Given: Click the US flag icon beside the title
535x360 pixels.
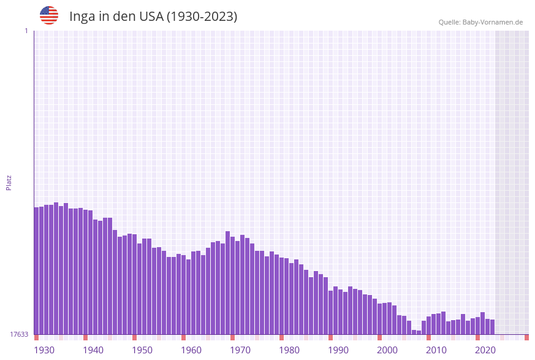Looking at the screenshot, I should pyautogui.click(x=49, y=15).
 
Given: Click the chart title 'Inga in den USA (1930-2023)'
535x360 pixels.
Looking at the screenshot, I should pyautogui.click(x=153, y=17).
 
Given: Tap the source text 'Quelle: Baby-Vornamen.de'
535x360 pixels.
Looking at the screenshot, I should pyautogui.click(x=480, y=22).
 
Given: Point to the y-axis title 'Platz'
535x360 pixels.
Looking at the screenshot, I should pyautogui.click(x=9, y=182).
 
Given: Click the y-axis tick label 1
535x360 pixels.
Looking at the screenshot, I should pyautogui.click(x=26, y=31).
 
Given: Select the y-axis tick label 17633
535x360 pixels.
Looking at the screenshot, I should pyautogui.click(x=19, y=334).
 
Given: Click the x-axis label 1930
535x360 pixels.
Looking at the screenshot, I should pyautogui.click(x=44, y=350).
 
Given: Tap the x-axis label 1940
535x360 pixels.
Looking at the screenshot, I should pyautogui.click(x=93, y=350).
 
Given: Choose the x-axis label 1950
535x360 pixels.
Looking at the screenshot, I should pyautogui.click(x=142, y=350).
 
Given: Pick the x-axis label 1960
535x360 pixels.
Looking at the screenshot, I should pyautogui.click(x=191, y=350).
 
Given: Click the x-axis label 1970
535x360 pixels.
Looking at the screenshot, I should pyautogui.click(x=240, y=350).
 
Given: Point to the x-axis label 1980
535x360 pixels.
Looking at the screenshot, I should pyautogui.click(x=289, y=350).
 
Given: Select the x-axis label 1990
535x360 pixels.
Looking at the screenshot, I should pyautogui.click(x=338, y=350).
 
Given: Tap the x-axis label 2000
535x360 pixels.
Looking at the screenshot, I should pyautogui.click(x=387, y=350).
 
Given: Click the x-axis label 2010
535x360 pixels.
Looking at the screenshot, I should pyautogui.click(x=436, y=350).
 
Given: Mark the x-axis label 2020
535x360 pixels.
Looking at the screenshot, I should pyautogui.click(x=485, y=350).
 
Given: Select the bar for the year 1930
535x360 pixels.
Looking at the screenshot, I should pyautogui.click(x=37, y=270).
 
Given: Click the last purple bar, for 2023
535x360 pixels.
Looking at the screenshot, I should pyautogui.click(x=493, y=327).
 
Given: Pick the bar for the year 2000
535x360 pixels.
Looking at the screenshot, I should pyautogui.click(x=380, y=319).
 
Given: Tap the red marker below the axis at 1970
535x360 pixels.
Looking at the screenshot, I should pyautogui.click(x=233, y=337).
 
